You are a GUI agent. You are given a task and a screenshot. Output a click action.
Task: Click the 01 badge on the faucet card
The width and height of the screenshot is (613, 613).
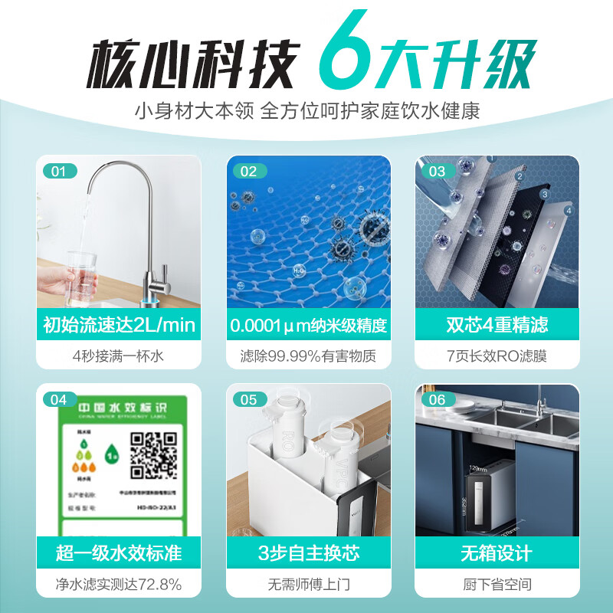click(59, 172)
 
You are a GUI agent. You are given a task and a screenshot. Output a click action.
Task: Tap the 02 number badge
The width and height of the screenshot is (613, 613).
click(248, 172)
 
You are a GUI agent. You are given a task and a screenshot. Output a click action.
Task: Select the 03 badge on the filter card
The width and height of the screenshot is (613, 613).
click(438, 172)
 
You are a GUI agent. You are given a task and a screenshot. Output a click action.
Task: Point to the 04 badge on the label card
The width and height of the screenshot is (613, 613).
click(59, 399)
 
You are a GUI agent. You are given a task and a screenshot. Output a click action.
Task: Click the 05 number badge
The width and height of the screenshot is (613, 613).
click(248, 399)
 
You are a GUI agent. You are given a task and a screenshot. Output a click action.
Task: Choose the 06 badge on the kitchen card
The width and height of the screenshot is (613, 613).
click(438, 399)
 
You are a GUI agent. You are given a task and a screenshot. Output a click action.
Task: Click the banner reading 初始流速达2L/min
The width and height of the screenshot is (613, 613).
click(119, 324)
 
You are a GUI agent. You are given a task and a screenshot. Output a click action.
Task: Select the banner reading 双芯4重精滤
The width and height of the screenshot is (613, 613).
click(497, 324)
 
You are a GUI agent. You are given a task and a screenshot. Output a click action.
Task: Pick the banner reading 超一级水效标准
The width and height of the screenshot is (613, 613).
click(119, 552)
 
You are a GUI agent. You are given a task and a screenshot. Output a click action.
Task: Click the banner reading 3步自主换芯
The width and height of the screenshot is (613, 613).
click(308, 552)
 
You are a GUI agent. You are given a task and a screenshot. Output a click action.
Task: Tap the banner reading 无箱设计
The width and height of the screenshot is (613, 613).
click(497, 552)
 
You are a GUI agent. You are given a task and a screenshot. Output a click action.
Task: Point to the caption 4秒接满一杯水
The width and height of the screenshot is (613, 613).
click(119, 356)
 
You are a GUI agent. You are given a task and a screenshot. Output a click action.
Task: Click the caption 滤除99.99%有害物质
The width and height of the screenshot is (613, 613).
click(308, 356)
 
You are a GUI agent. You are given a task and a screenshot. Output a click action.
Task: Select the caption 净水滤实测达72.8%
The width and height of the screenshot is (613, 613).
click(119, 585)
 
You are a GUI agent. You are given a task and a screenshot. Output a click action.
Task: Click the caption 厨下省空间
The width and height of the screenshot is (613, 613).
click(497, 585)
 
